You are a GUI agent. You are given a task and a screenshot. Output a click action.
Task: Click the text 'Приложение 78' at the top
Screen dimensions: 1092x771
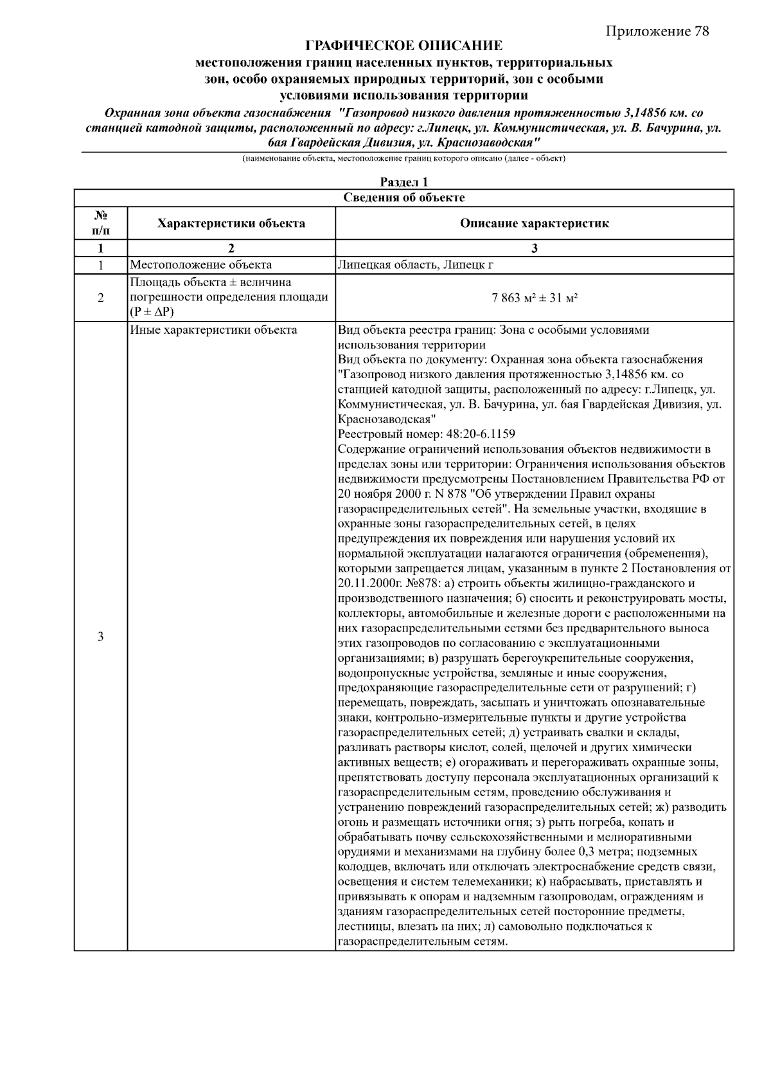(x=657, y=32)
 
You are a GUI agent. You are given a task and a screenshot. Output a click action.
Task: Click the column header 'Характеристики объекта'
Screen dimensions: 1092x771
(x=231, y=224)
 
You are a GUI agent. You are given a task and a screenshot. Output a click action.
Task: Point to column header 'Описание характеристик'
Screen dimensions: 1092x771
(x=534, y=224)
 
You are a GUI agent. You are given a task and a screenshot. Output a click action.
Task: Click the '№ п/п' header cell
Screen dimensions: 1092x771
(x=101, y=223)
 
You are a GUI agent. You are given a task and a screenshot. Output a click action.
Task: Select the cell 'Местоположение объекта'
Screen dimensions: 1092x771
(x=201, y=265)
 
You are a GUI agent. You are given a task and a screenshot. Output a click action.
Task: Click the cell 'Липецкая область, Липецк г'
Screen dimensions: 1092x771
(x=416, y=265)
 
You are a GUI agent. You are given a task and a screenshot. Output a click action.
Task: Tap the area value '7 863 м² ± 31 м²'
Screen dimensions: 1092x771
(x=534, y=298)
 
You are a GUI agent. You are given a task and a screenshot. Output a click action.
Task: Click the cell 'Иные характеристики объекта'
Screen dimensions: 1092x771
(x=213, y=331)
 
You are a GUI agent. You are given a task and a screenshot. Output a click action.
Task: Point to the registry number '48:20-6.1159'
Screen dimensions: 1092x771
(x=481, y=434)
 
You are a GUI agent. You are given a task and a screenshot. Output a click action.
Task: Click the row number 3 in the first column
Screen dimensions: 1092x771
(x=101, y=637)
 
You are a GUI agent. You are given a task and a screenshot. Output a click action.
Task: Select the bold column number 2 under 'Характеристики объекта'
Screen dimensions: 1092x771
(x=231, y=249)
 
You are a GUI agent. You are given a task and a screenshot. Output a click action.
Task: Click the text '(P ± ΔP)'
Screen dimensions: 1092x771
(x=152, y=313)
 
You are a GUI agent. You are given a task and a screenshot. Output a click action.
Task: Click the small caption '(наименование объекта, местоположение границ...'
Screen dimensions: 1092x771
(x=403, y=158)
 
